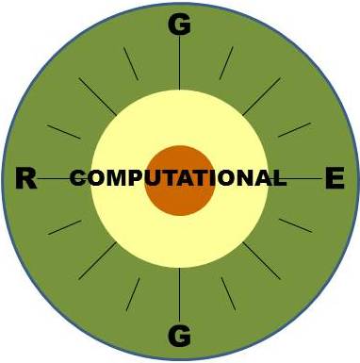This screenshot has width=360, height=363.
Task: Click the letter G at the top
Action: [179, 25]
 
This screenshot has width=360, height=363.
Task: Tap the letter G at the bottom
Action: [179, 334]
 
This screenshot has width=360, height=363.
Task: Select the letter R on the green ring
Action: [25, 178]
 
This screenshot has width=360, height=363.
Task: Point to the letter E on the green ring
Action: [335, 178]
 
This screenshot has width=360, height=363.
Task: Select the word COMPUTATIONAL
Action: [178, 178]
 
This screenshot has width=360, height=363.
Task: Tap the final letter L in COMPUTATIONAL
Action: [279, 178]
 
